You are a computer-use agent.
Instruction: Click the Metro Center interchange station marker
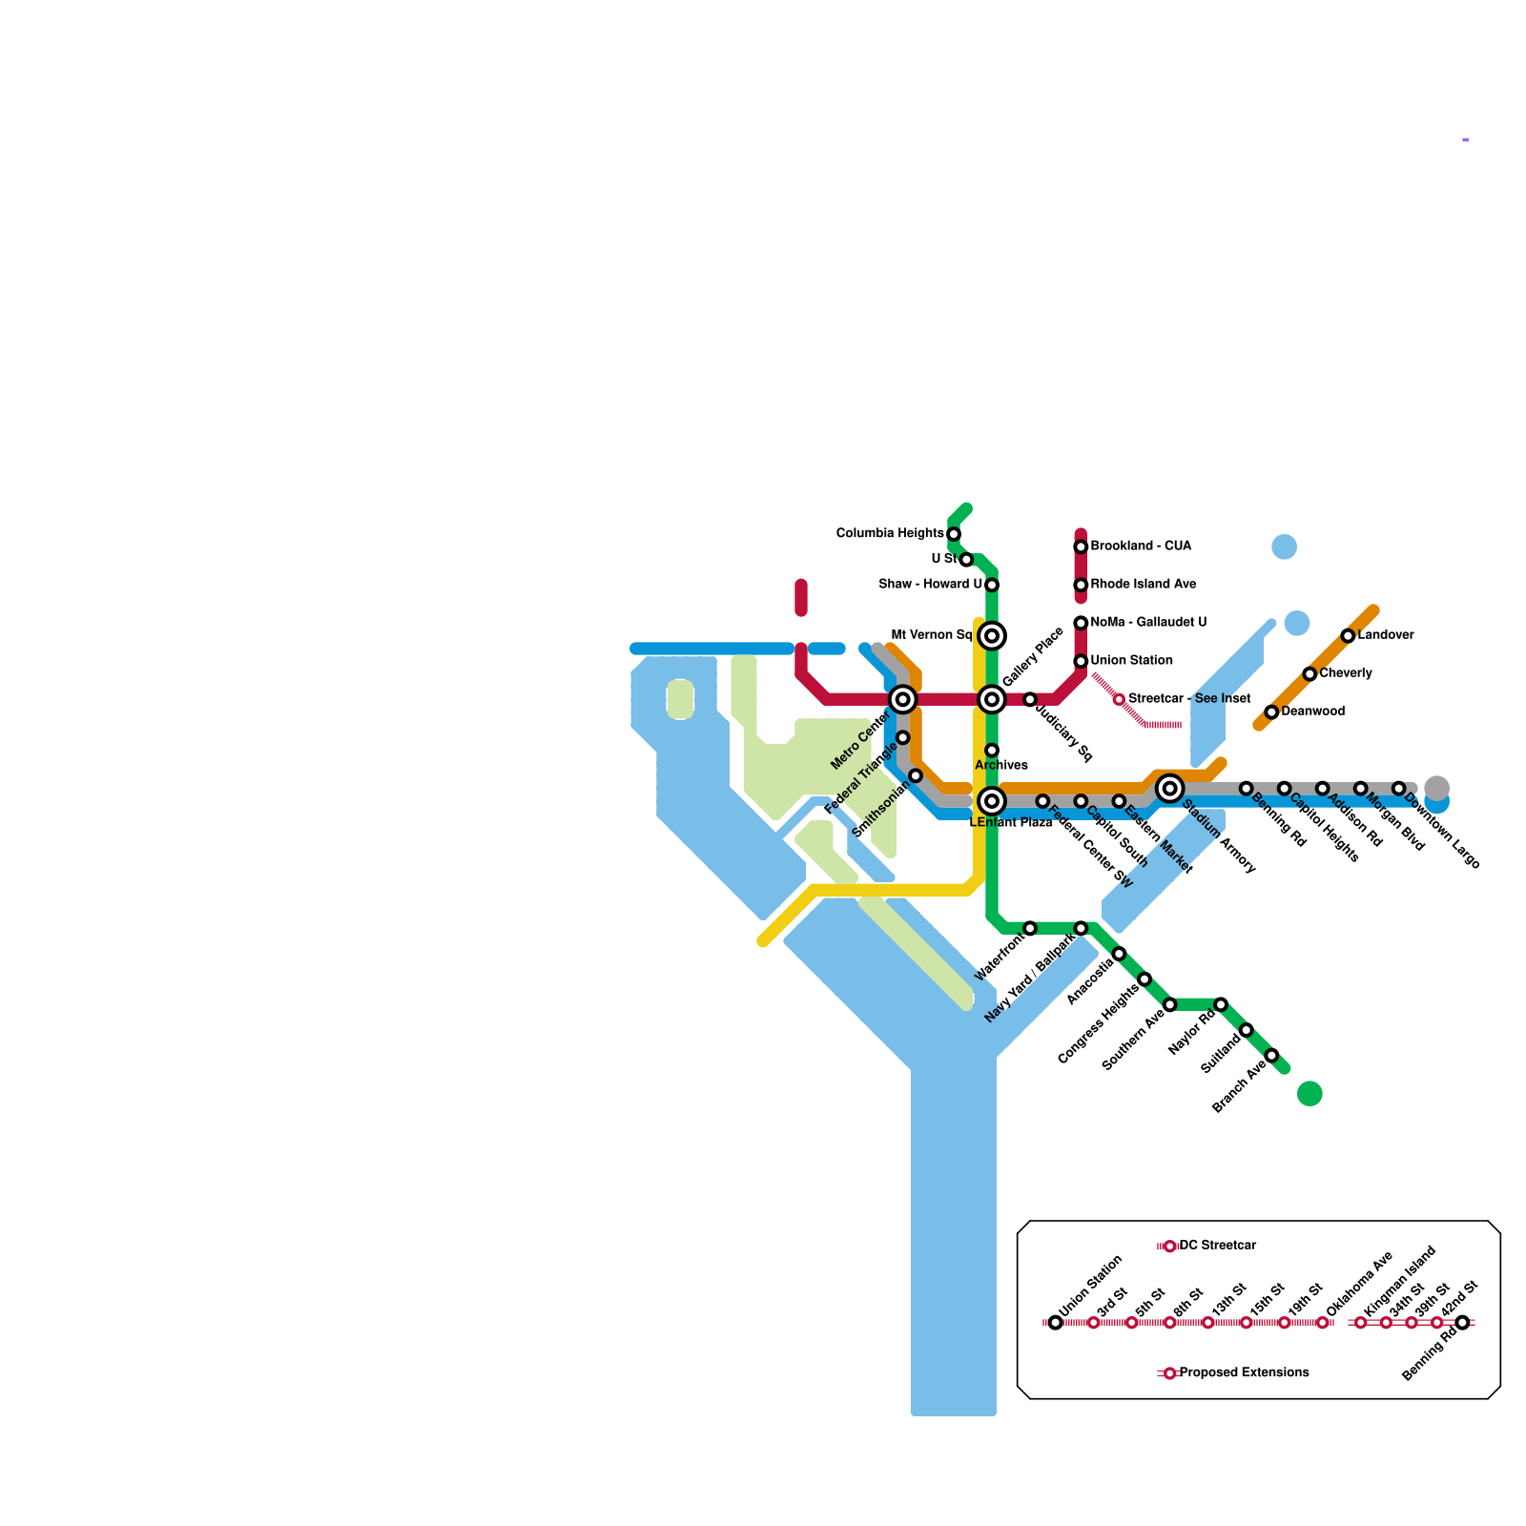coord(902,700)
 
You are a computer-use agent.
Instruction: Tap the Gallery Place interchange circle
coord(992,700)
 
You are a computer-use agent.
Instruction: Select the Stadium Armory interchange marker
coord(1170,789)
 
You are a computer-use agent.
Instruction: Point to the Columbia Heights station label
coord(890,533)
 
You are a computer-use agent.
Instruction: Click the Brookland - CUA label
coord(1141,546)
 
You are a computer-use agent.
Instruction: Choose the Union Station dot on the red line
coord(1081,661)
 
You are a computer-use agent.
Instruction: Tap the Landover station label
coord(1386,635)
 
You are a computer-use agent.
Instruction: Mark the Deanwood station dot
coord(1271,712)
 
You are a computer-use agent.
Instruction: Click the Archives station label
coord(1001,765)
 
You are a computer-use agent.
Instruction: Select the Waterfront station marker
coord(1030,928)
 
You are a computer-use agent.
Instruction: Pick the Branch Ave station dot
coord(1271,1055)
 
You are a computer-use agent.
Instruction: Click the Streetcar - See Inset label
coord(1189,699)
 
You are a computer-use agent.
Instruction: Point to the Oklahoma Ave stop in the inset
coord(1322,1323)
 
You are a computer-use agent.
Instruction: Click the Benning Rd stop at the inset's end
coord(1463,1323)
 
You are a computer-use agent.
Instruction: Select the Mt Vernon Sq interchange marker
coord(992,635)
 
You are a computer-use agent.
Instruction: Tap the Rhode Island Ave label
coord(1143,585)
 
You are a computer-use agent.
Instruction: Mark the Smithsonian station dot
coord(916,775)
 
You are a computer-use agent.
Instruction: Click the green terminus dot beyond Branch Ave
coord(1309,1094)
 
